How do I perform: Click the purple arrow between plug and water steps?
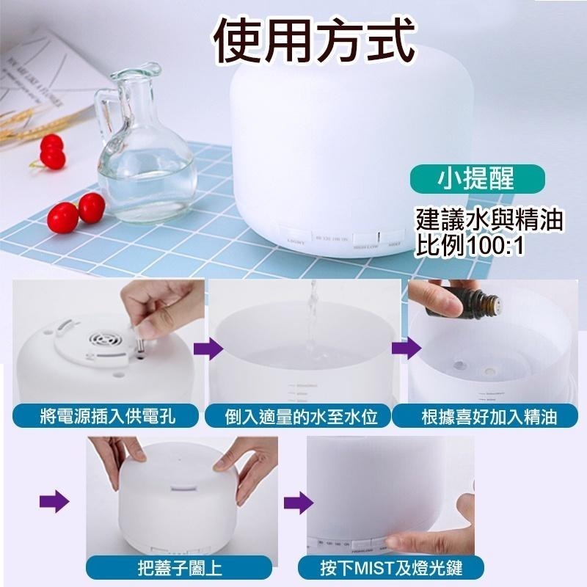tap(211, 349)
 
